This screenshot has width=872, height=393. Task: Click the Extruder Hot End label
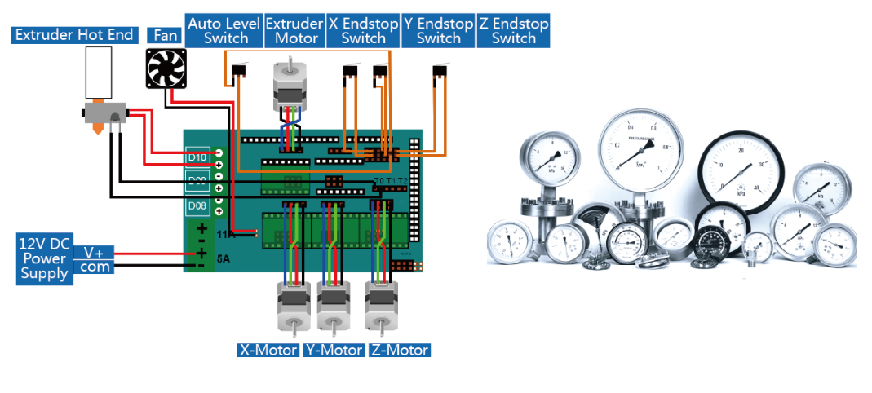click(73, 35)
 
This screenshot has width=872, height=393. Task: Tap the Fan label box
click(166, 35)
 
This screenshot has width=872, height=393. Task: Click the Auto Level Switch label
click(225, 31)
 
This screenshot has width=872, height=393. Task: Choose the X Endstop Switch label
click(363, 31)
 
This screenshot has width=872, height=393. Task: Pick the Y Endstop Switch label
click(438, 31)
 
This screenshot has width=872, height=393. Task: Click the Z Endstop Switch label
click(513, 31)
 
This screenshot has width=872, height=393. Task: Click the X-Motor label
click(268, 350)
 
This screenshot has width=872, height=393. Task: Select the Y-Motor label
click(333, 350)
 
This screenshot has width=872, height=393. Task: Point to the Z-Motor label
click(398, 350)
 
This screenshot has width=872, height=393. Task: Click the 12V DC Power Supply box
click(44, 258)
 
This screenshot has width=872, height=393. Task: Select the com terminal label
click(94, 267)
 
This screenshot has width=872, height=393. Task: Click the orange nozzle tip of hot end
click(97, 129)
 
